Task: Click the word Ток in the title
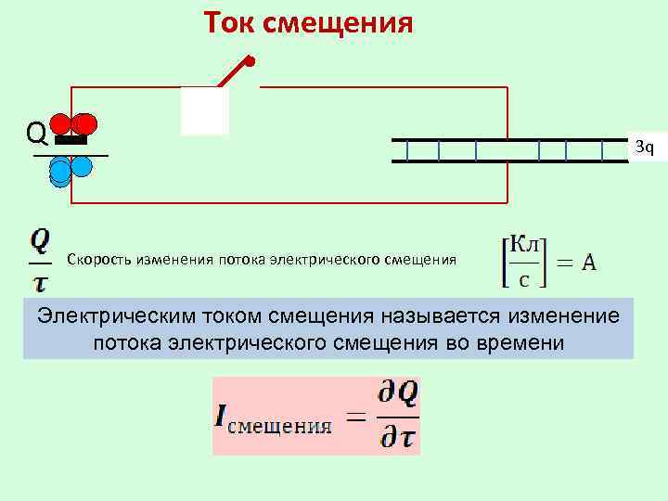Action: pyautogui.click(x=229, y=20)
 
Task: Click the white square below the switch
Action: pyautogui.click(x=204, y=110)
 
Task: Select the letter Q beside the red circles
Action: pyautogui.click(x=37, y=135)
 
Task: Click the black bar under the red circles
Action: pyautogui.click(x=71, y=141)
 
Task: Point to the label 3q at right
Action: pyautogui.click(x=644, y=146)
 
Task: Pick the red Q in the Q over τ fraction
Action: pyautogui.click(x=41, y=240)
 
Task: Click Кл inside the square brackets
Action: pyautogui.click(x=526, y=245)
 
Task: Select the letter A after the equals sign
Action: pyautogui.click(x=589, y=263)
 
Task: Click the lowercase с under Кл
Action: pyautogui.click(x=525, y=278)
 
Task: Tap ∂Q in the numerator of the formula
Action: pyautogui.click(x=398, y=394)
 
